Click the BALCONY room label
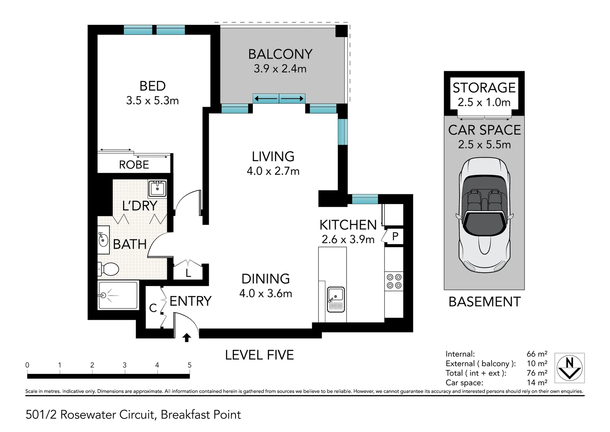click(x=280, y=54)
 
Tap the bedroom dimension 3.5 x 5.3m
click(x=152, y=100)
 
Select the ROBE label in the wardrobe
click(x=134, y=165)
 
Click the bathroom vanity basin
click(x=103, y=240)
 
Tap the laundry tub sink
click(x=157, y=188)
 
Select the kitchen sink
click(x=335, y=299)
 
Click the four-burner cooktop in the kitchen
click(x=393, y=281)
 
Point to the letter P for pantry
click(x=395, y=236)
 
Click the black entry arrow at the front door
click(x=186, y=338)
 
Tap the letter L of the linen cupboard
click(x=188, y=274)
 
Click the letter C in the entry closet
click(x=152, y=308)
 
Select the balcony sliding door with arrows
click(x=279, y=98)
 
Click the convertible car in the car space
click(x=484, y=214)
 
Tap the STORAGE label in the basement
click(x=484, y=88)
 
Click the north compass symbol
click(x=570, y=367)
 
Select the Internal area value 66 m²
click(x=537, y=354)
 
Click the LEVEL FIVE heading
click(x=259, y=355)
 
